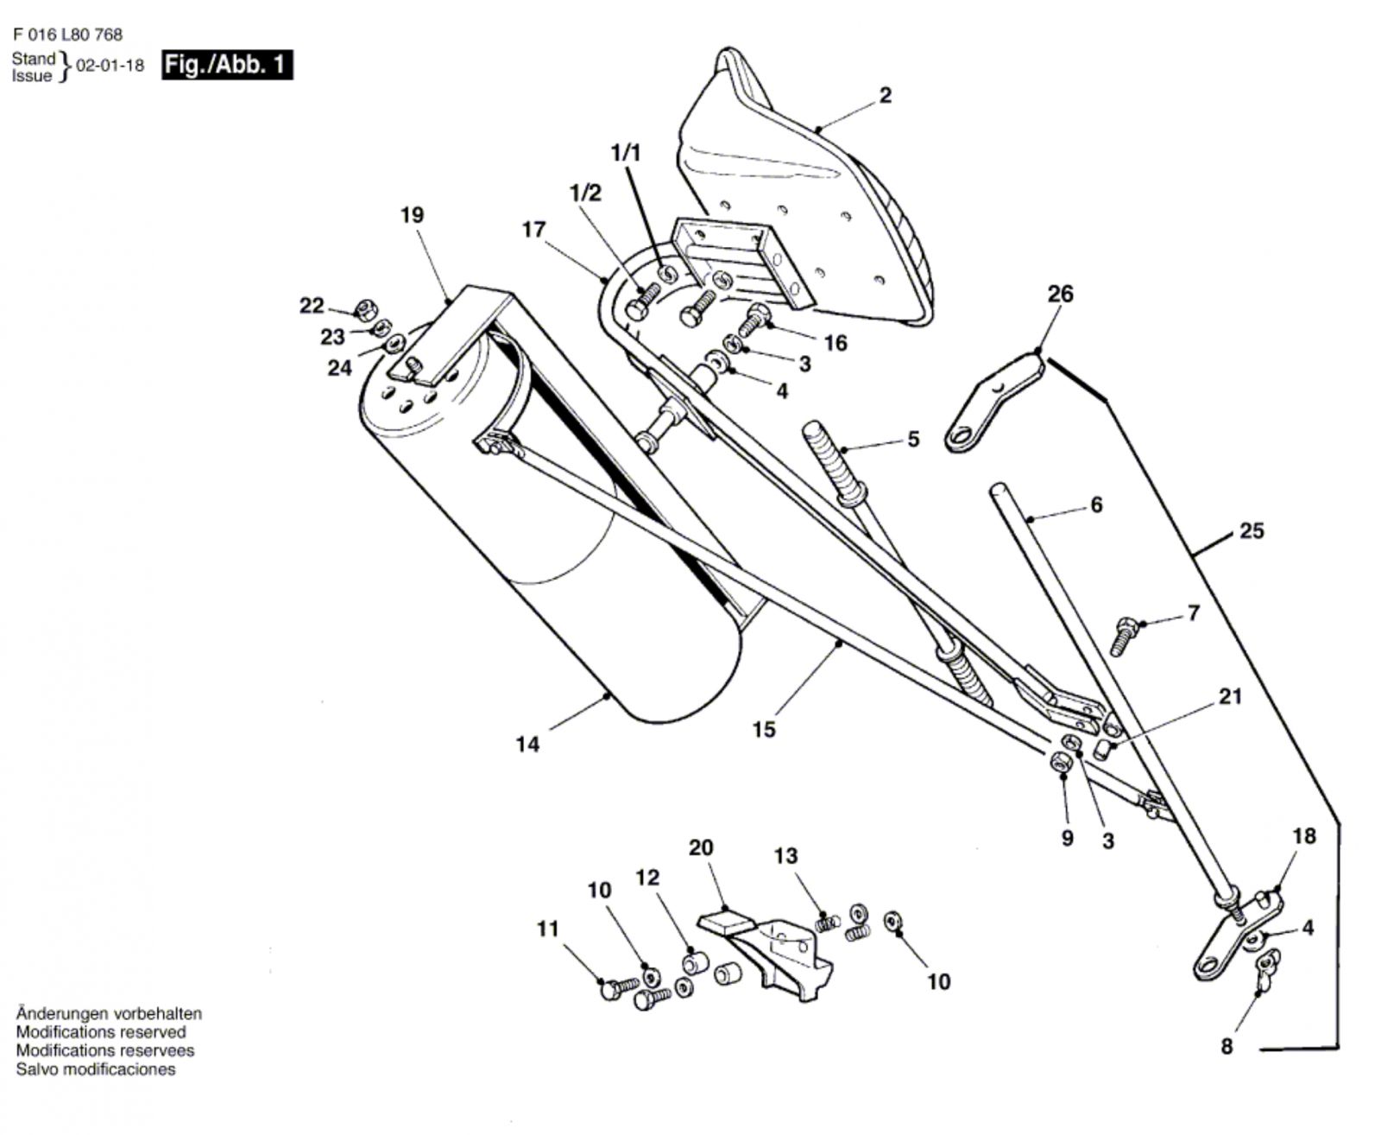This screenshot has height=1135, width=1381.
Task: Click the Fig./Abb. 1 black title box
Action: click(x=227, y=65)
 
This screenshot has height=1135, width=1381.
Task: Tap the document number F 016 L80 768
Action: click(x=67, y=34)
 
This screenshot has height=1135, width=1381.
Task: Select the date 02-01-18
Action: click(x=110, y=66)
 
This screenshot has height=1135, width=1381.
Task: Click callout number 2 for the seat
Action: click(x=885, y=96)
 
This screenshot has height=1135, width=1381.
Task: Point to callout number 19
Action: click(x=412, y=215)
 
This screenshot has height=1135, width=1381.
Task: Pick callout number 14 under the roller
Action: click(x=527, y=745)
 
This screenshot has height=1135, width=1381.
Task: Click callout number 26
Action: click(x=1060, y=294)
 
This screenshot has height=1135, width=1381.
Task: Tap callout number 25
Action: click(x=1252, y=531)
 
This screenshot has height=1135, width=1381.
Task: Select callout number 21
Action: click(x=1230, y=696)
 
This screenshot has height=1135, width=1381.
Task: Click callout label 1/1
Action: click(x=626, y=154)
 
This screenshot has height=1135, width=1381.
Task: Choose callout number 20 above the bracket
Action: click(x=701, y=848)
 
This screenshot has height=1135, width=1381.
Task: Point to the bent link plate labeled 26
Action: click(x=994, y=403)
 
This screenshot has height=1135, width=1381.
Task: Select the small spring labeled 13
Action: click(x=828, y=923)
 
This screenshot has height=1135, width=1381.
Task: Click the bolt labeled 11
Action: click(x=619, y=987)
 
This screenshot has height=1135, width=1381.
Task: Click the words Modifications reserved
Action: click(x=101, y=1032)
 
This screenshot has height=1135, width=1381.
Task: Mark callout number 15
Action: click(x=764, y=729)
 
